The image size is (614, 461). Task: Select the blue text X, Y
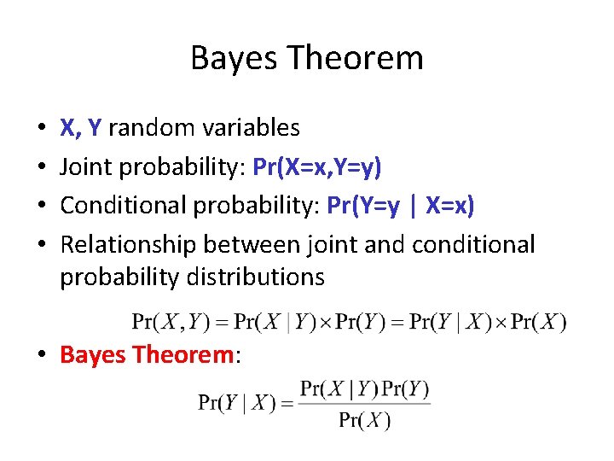(81, 128)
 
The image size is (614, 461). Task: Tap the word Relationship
(129, 245)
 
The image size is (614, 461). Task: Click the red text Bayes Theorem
(147, 353)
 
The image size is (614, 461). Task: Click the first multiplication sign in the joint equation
(326, 322)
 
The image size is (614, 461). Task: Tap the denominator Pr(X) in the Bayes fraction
(364, 419)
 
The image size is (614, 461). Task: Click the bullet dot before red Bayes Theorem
(42, 353)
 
